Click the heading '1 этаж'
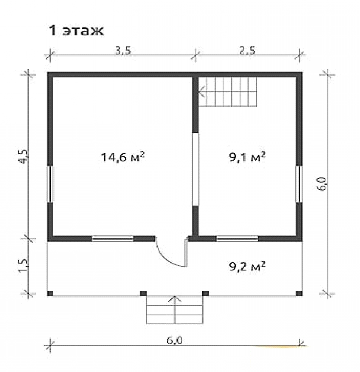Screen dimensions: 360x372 (76, 31)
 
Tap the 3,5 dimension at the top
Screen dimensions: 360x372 (123, 51)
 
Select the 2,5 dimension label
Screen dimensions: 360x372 (247, 51)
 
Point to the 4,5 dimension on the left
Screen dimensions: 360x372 (24, 157)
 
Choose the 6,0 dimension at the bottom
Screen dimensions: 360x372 (175, 341)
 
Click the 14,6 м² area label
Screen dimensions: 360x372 (123, 157)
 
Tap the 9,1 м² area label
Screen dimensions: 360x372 (247, 157)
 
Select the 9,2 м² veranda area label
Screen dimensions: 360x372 (247, 267)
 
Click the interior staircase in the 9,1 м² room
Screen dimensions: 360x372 (228, 92)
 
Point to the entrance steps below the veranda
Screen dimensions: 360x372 (175, 310)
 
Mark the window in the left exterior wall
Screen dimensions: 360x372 (50, 184)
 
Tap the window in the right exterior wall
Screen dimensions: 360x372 (299, 184)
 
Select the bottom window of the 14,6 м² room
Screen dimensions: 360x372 (112, 239)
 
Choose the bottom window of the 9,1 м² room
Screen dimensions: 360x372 (237, 239)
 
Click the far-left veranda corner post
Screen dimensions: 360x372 (50, 294)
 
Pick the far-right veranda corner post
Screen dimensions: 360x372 (299, 294)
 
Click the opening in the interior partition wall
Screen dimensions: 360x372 (195, 169)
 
